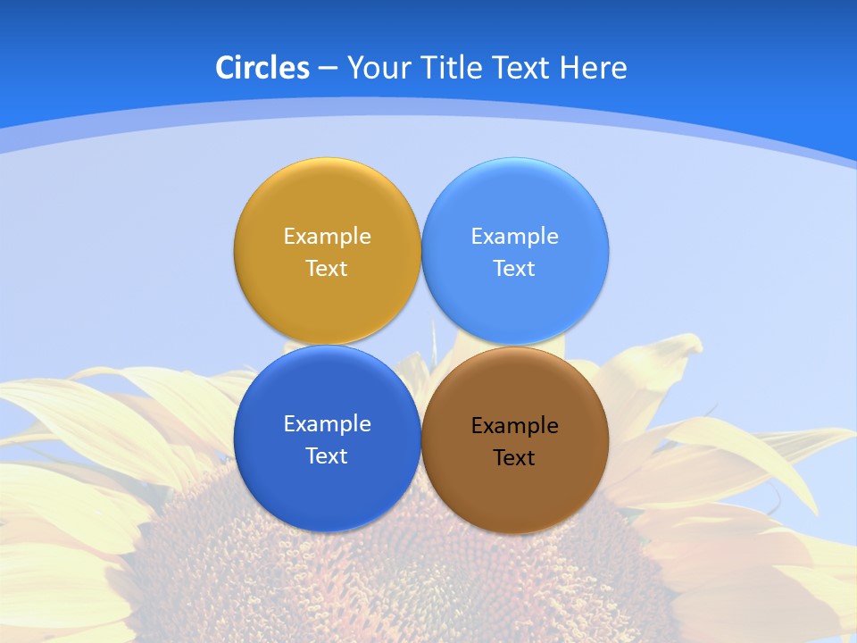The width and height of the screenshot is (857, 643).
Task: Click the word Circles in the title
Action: (262, 67)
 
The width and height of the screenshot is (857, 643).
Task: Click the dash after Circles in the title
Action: (327, 69)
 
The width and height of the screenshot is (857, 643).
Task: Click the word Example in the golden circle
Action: (327, 236)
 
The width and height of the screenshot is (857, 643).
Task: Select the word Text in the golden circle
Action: (327, 268)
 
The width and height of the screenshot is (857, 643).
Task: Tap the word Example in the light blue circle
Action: (514, 236)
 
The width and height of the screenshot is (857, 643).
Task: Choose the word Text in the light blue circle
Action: (514, 268)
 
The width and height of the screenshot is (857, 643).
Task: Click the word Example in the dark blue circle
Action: (327, 423)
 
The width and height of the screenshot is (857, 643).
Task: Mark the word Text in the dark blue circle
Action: (327, 455)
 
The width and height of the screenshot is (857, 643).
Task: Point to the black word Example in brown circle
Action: (514, 425)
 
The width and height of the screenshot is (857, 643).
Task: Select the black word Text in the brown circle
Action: (514, 457)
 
